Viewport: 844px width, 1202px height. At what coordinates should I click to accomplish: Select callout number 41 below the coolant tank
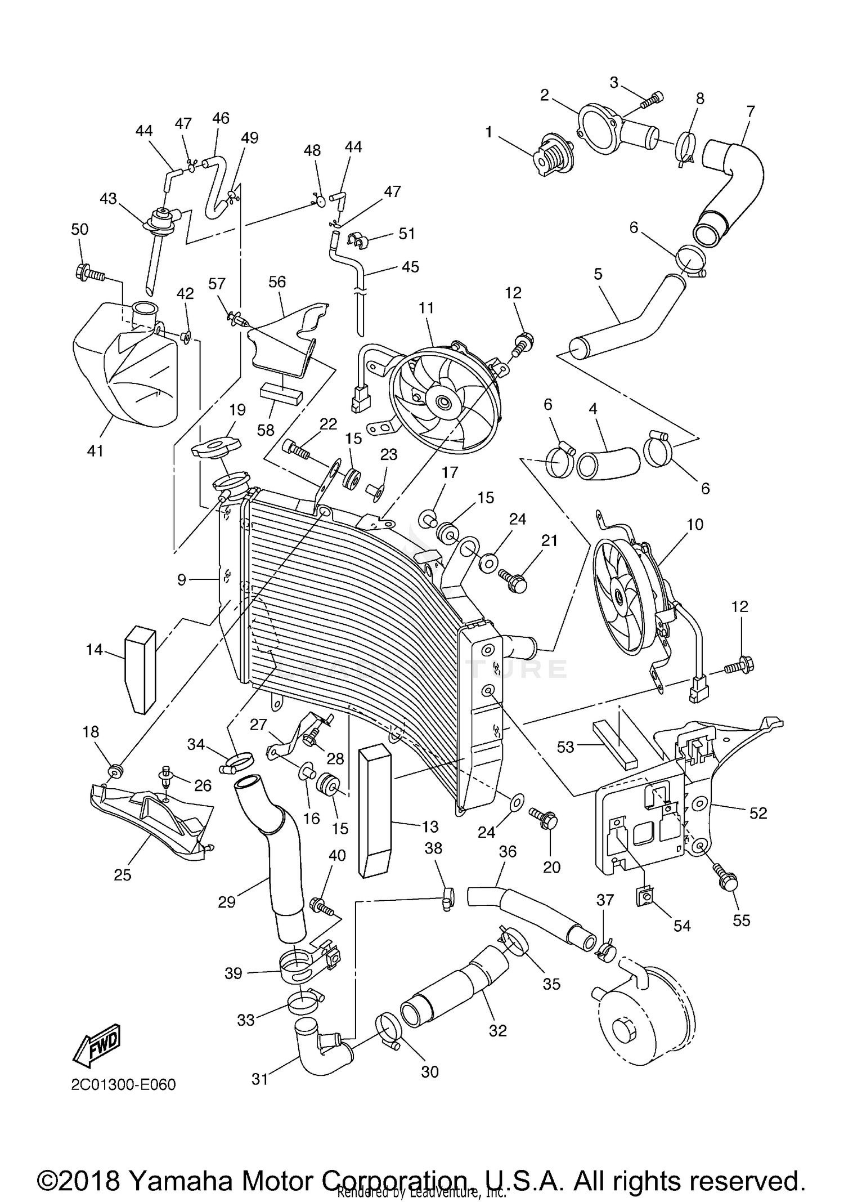coord(95,450)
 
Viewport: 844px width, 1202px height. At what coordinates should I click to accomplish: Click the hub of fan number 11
coord(442,402)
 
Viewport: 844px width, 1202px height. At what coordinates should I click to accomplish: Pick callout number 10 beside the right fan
coord(695,524)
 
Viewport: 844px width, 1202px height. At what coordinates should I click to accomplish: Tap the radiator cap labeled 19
coord(216,448)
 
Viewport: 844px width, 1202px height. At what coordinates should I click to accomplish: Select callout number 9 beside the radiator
coord(181,579)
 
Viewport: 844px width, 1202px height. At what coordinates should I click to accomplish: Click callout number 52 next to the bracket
coord(758,813)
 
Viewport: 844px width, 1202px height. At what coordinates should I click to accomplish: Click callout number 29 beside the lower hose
coord(227,901)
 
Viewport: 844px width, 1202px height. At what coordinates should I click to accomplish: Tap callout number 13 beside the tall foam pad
coord(430,826)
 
